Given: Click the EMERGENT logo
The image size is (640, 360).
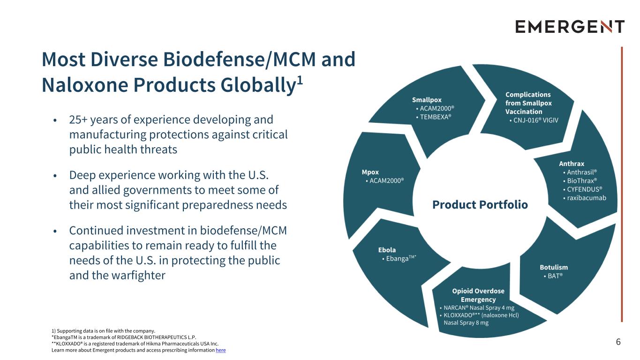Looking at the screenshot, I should (x=570, y=26).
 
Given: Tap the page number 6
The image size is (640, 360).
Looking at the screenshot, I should (x=618, y=342).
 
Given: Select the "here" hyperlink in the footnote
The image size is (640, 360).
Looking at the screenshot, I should (x=220, y=350).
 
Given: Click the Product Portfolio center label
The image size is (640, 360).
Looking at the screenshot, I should (x=480, y=205).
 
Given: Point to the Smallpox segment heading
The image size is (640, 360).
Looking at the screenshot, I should (x=427, y=100).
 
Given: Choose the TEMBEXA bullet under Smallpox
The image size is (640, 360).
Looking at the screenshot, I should (x=435, y=117).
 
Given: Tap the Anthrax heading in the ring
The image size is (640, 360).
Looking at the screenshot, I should (x=572, y=164).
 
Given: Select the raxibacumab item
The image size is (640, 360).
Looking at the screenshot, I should (x=586, y=198).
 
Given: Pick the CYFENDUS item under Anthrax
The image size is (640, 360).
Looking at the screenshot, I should (x=584, y=189).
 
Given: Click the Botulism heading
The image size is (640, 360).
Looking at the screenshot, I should (x=554, y=267).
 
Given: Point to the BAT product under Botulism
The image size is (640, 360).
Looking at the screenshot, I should (x=555, y=276).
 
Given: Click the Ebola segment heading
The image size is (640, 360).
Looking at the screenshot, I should (x=387, y=250).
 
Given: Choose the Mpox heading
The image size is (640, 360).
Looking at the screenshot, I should (x=370, y=172).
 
